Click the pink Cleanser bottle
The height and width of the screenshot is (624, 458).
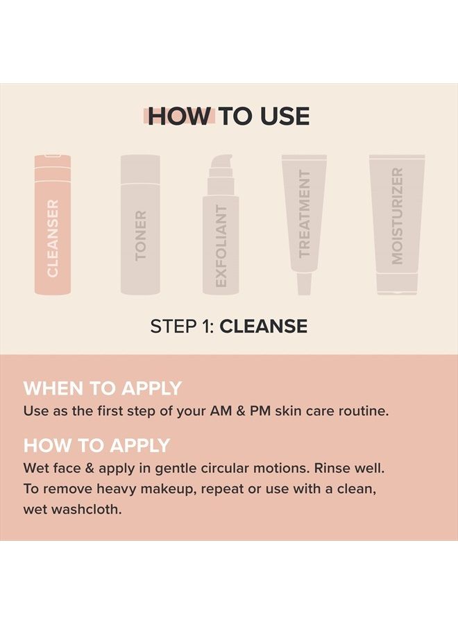coord(53,225)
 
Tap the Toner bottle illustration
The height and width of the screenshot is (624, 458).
coord(140,225)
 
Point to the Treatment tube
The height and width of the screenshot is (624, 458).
coord(304,208)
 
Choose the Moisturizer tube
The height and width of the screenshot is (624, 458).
coord(397,215)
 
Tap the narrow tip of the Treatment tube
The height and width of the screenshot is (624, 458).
coord(304,283)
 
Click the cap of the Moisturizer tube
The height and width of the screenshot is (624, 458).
coord(397,283)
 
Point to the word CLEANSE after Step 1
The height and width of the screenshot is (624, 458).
coord(264,326)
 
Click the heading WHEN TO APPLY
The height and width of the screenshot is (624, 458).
coord(103,388)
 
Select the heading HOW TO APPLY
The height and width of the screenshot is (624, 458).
coord(97,444)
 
